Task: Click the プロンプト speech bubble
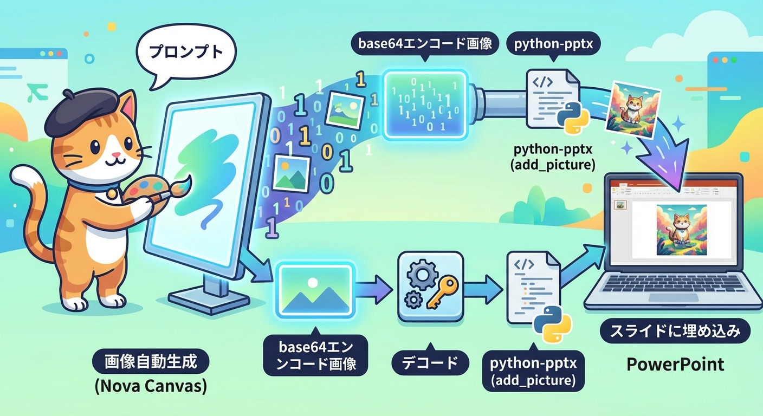pos(185,52)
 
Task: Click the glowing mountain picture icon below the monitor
pos(315,288)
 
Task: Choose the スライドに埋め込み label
pos(675,331)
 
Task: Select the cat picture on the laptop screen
pos(681,230)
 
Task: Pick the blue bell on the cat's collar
pos(112,192)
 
